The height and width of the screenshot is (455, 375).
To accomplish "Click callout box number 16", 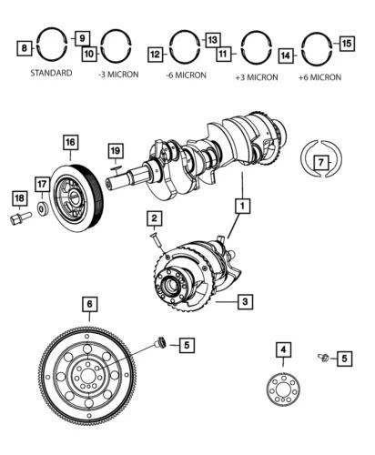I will click(69, 142).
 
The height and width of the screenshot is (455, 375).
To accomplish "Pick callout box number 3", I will click(245, 299).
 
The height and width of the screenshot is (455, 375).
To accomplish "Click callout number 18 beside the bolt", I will click(18, 198).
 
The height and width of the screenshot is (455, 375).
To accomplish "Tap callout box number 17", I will click(42, 184).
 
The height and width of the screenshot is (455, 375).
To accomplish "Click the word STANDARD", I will click(51, 72).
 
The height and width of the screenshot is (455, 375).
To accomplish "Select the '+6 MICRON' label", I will click(319, 77).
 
